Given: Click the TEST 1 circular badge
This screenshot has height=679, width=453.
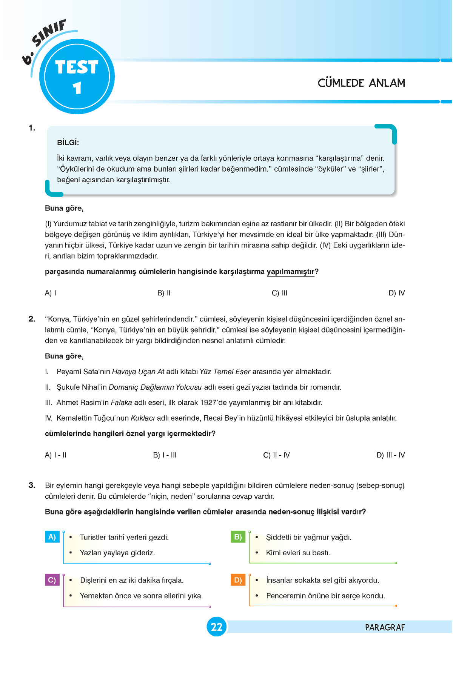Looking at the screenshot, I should [77, 77].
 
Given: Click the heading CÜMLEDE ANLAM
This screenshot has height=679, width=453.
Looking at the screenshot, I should [361, 83].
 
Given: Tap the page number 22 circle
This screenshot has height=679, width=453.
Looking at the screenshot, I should [216, 627].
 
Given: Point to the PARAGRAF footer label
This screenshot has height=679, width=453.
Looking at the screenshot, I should [385, 627].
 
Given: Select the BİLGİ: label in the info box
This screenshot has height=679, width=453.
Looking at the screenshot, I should [68, 143].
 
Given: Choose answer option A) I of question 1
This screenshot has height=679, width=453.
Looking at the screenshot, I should [51, 293].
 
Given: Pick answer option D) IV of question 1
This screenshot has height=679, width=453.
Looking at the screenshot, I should [396, 293].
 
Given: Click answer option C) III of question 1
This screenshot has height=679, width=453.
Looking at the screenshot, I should [279, 293].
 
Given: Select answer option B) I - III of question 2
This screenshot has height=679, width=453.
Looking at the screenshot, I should [165, 455].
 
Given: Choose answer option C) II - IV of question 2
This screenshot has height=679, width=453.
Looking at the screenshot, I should [276, 455].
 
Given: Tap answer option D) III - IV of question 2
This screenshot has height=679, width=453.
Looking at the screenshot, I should [390, 455].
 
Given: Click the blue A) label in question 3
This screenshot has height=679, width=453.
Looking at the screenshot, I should [52, 537].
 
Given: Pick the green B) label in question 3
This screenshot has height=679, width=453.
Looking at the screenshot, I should [238, 537].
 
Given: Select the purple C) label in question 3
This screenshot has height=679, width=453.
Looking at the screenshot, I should [52, 580].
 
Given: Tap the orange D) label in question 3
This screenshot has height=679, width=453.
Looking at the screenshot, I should [238, 580].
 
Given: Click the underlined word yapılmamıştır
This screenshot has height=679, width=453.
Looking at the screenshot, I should [290, 272].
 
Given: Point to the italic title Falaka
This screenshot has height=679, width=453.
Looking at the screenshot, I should [121, 402].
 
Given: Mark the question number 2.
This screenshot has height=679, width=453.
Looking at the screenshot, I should [32, 319].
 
